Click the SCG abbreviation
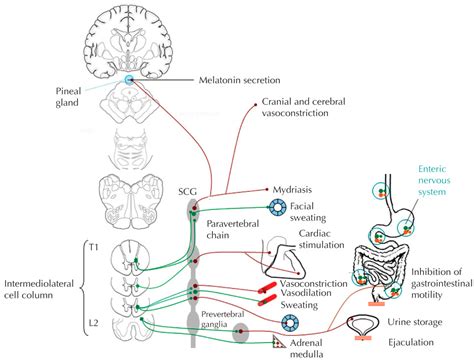coord(186,191)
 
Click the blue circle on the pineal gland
coord(129,79)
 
